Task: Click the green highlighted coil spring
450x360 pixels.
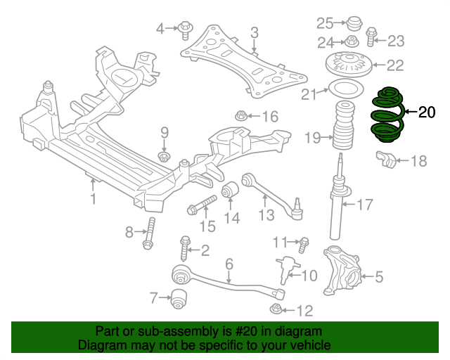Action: pyautogui.click(x=385, y=115)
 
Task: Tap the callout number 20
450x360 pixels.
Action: pyautogui.click(x=427, y=112)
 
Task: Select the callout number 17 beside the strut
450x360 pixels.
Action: pyautogui.click(x=364, y=205)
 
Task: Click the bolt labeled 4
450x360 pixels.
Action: pyautogui.click(x=186, y=30)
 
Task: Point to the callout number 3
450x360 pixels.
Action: pyautogui.click(x=254, y=32)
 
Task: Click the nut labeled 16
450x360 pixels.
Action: pyautogui.click(x=239, y=115)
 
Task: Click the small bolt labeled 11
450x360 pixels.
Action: pyautogui.click(x=304, y=244)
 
